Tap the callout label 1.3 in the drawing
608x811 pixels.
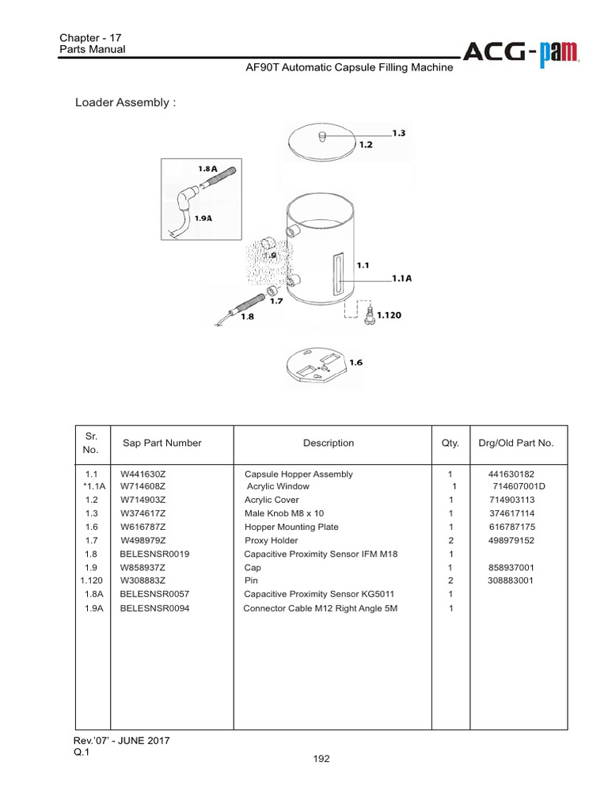coord(399,133)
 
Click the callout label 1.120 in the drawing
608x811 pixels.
coord(389,315)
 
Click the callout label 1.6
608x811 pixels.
coord(355,362)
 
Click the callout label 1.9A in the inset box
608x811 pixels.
coord(203,219)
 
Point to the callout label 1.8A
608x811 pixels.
coord(208,169)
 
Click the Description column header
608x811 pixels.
coord(328,444)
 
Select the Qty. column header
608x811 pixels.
coord(450,444)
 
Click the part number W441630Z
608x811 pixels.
coord(142,474)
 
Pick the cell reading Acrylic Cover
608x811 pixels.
coord(272,501)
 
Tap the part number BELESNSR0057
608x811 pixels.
coord(155,594)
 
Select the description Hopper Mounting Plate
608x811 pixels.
coord(291,527)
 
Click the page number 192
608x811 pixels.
coord(321,759)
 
